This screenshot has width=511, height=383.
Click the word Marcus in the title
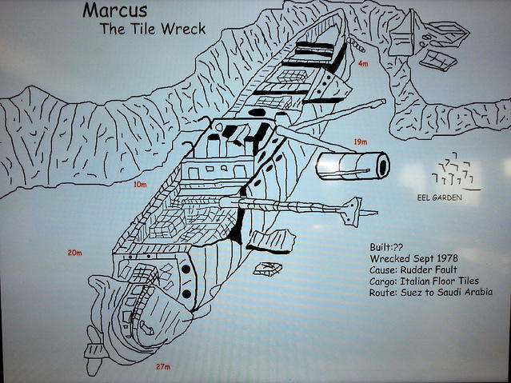click(114, 10)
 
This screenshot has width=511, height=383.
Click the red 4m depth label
click(363, 63)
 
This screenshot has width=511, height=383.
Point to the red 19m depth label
click(361, 142)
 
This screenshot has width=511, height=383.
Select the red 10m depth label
click(140, 185)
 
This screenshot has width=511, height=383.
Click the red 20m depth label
click(75, 253)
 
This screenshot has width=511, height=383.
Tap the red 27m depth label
click(163, 367)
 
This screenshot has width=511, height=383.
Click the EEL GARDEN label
click(439, 197)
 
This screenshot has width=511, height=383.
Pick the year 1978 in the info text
click(445, 258)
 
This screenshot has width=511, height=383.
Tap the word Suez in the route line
click(411, 292)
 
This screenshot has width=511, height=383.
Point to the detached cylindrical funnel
click(353, 166)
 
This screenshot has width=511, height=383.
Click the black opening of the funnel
click(382, 166)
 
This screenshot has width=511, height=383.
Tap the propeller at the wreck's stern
click(94, 351)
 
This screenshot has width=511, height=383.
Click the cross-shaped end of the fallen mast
click(351, 212)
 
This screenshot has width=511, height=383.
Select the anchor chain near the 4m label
click(356, 45)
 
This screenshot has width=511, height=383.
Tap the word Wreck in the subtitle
click(183, 29)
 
